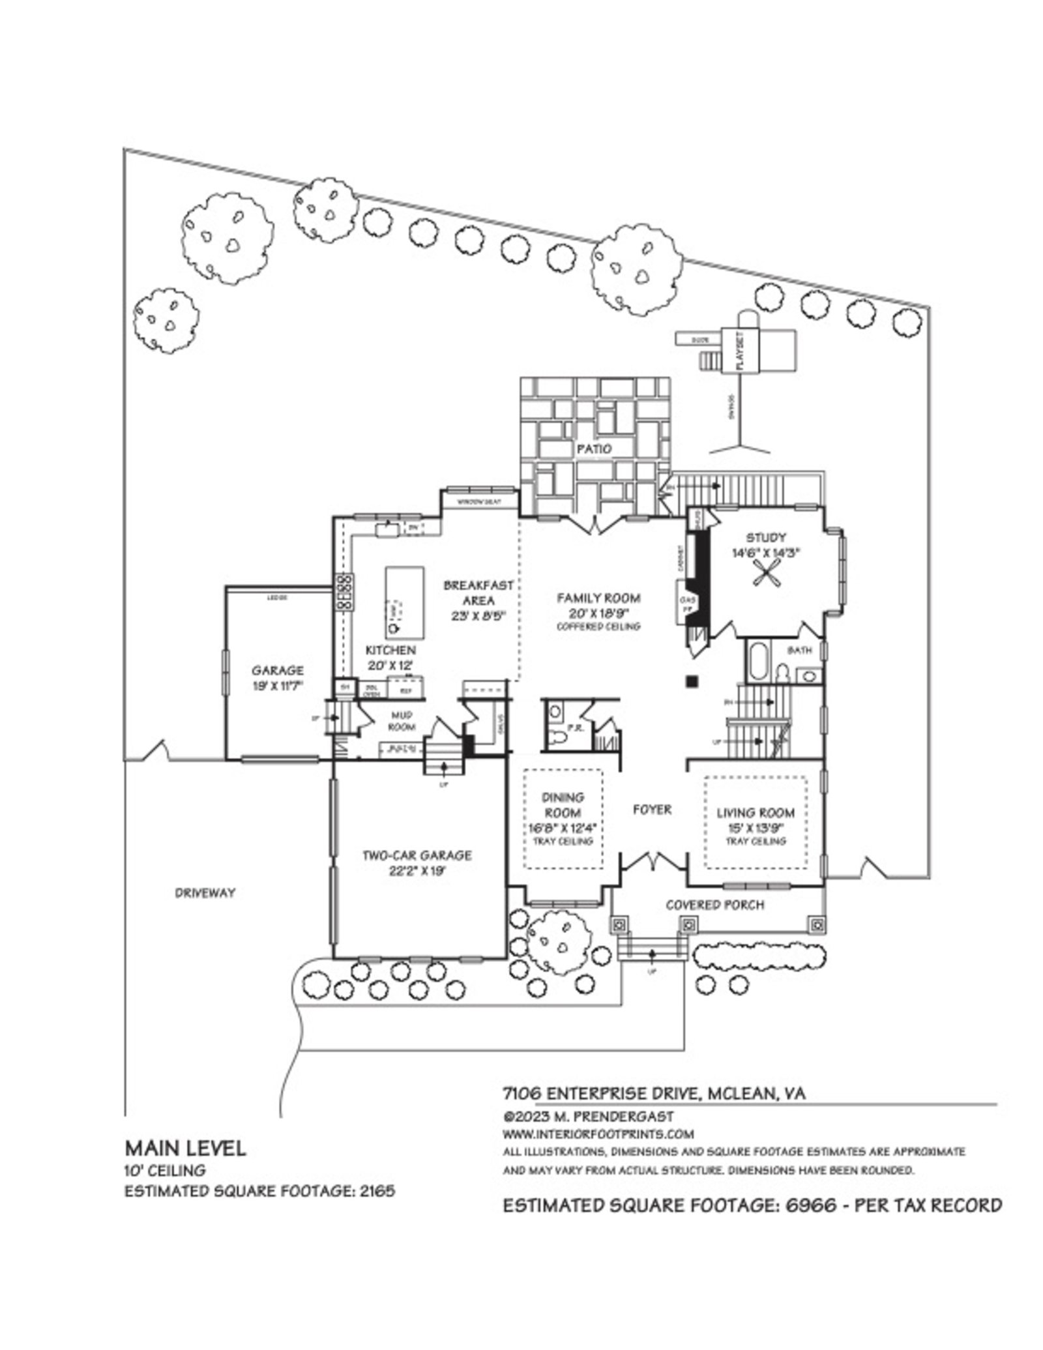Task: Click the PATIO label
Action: [x=594, y=449]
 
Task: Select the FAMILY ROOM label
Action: [x=598, y=598]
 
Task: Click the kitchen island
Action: [x=404, y=603]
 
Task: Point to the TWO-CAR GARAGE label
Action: [x=417, y=855]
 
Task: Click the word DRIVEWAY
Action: [x=205, y=893]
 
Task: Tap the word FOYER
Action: [x=652, y=810]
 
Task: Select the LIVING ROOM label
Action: [x=756, y=813]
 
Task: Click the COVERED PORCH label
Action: [x=714, y=905]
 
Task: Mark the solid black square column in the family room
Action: [x=691, y=682]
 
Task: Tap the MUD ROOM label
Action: [x=402, y=720]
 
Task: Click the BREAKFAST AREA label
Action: [x=478, y=593]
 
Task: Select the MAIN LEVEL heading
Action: [x=185, y=1148]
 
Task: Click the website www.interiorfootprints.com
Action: [x=598, y=1134]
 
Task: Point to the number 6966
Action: [x=812, y=1205]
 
